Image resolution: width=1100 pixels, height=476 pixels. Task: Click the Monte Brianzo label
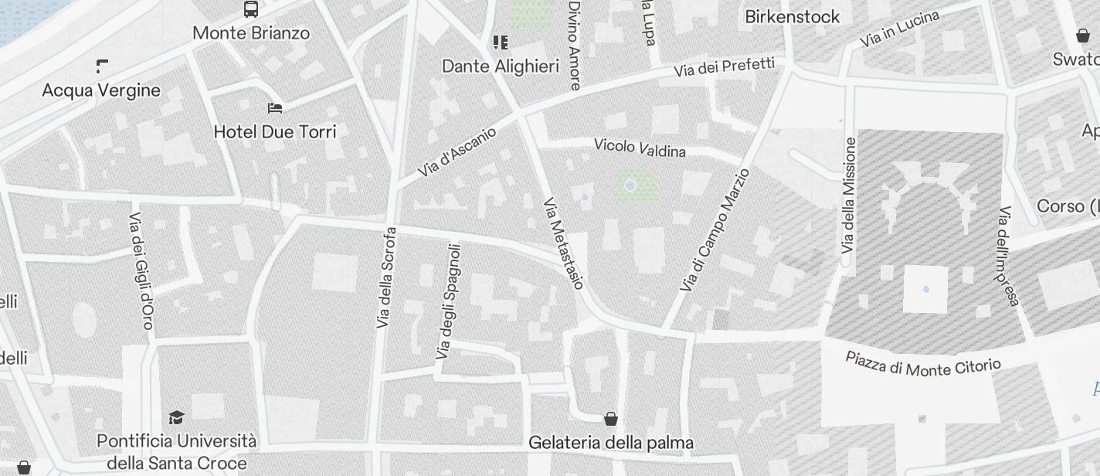click(251, 33)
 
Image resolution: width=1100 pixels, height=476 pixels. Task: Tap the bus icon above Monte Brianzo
click(251, 9)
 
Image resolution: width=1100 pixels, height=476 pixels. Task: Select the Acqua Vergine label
click(101, 90)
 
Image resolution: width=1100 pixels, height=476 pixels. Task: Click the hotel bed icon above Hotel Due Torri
click(275, 107)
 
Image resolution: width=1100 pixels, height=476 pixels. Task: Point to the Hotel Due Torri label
click(275, 132)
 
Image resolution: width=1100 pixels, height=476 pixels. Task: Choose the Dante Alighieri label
click(500, 66)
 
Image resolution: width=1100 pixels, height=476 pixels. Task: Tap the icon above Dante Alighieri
click(501, 42)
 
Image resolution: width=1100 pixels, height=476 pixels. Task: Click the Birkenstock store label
click(792, 16)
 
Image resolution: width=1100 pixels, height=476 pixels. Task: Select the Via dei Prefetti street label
click(724, 67)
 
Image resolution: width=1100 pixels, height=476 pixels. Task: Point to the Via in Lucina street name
click(899, 29)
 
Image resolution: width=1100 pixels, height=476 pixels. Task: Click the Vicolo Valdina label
click(640, 148)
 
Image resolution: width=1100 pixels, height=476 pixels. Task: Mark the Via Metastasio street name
click(563, 243)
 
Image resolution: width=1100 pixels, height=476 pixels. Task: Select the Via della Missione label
click(849, 195)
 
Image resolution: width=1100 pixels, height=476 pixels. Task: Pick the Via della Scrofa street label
click(385, 277)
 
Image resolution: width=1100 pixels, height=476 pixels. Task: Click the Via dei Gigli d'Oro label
click(141, 270)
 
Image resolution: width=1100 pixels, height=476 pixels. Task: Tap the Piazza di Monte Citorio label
click(923, 364)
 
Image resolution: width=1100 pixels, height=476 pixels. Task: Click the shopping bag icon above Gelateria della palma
click(611, 419)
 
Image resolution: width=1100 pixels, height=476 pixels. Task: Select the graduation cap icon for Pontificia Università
click(176, 417)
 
